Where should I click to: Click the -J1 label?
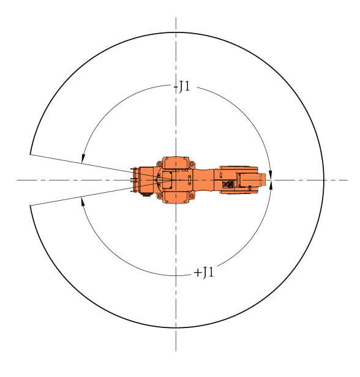(182, 86)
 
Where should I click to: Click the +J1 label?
(204, 273)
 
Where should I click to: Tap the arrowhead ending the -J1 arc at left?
(83, 159)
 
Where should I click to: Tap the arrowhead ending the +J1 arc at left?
(83, 201)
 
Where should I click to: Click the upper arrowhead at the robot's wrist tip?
(271, 175)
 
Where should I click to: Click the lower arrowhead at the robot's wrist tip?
(271, 185)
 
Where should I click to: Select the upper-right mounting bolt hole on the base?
(192, 164)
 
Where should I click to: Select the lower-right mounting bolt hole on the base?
(192, 196)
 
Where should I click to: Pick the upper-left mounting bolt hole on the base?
(159, 164)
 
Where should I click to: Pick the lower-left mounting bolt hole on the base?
(159, 196)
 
